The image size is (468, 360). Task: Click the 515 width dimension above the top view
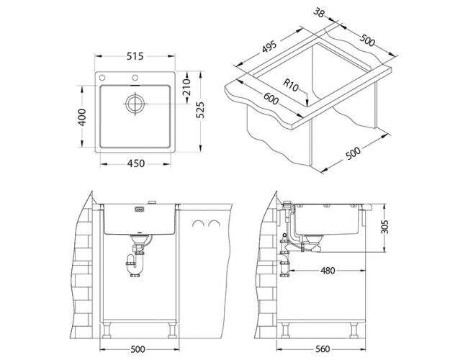pyautogui.click(x=135, y=56)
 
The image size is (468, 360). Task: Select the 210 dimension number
pyautogui.click(x=187, y=87)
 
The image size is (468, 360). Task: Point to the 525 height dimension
pyautogui.click(x=201, y=110)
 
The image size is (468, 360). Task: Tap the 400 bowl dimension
pyautogui.click(x=82, y=117)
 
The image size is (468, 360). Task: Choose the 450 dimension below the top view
pyautogui.click(x=136, y=163)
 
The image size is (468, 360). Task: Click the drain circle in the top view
pyautogui.click(x=135, y=104)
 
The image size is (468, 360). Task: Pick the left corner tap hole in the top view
pyautogui.click(x=102, y=78)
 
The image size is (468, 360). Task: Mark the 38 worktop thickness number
pyautogui.click(x=319, y=12)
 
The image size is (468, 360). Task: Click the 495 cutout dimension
pyautogui.click(x=269, y=46)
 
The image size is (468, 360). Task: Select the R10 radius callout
pyautogui.click(x=290, y=85)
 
